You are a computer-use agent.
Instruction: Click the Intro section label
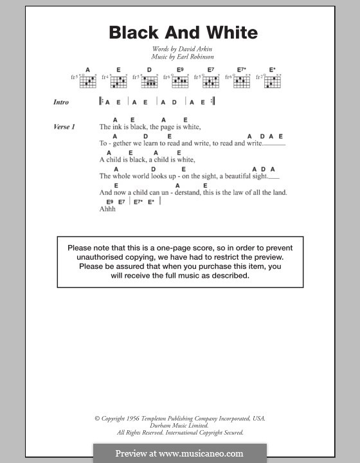(62, 102)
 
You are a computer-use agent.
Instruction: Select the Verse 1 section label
(64, 127)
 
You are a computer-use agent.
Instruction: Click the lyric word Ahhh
(107, 209)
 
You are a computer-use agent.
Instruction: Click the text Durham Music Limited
(179, 425)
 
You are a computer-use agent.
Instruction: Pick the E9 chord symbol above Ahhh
(110, 201)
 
